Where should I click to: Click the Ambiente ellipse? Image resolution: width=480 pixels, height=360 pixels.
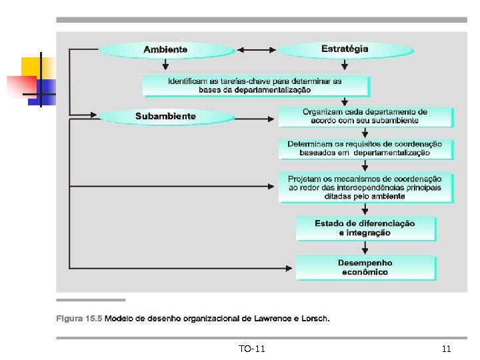pos(166,49)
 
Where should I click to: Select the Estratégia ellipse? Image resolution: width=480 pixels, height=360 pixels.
pos(345,49)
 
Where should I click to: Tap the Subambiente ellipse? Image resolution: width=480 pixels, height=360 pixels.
pos(166,117)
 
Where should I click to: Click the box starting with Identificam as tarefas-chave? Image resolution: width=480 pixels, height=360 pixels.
pos(255,85)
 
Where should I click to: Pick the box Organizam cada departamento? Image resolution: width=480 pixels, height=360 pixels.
pos(365,117)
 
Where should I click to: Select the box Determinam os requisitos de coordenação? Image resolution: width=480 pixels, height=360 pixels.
pos(365,149)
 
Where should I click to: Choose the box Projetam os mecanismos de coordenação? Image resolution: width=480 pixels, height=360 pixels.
pos(365,188)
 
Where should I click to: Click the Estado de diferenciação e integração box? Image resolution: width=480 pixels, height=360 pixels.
pos(365,229)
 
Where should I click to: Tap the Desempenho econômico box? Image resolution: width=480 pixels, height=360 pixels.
pos(365,268)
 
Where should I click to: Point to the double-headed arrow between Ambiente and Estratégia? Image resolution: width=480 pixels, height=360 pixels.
pos(257,49)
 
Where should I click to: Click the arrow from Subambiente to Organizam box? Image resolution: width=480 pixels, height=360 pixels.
pos(257,119)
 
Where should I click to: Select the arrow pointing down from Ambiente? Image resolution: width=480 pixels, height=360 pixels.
pos(165,65)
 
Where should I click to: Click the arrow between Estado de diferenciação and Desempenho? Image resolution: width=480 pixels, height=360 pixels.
pos(365,247)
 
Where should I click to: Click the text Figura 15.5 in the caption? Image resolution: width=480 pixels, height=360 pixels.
pos(79,319)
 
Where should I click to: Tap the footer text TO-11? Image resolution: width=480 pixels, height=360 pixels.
pos(251,349)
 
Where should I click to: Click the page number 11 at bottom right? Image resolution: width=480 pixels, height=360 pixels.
pos(446,349)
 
